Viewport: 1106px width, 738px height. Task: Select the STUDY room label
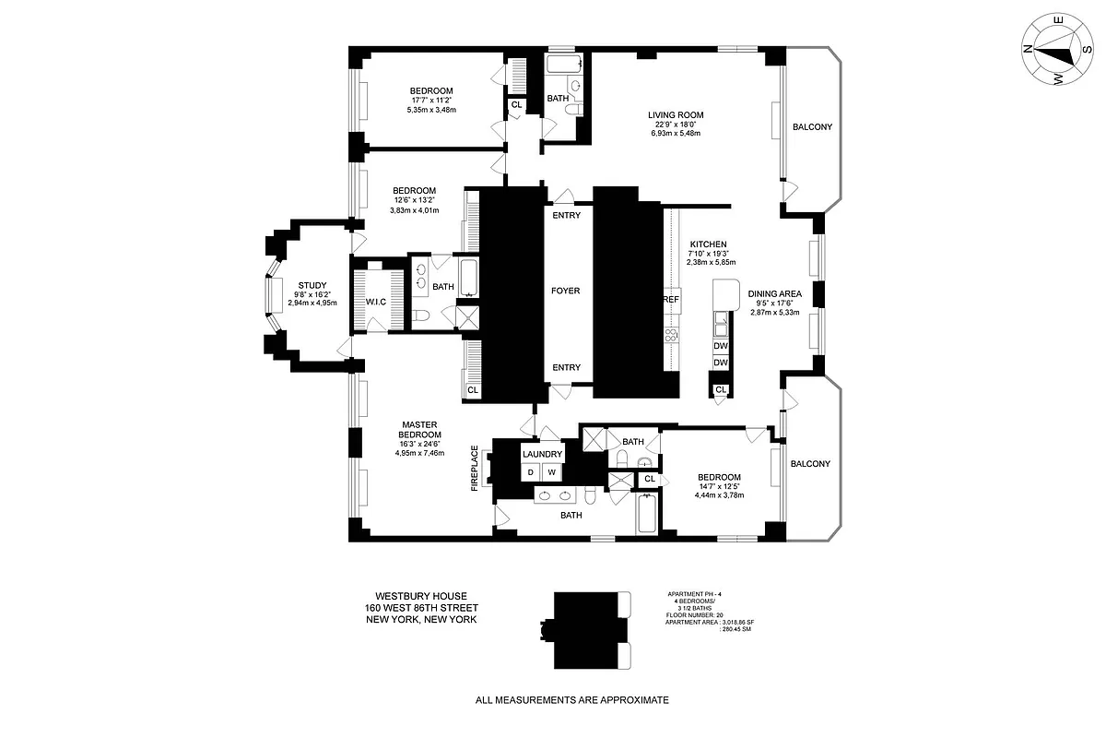tap(312, 285)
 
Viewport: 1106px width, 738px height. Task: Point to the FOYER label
tap(566, 291)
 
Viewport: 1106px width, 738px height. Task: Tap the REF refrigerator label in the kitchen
tap(671, 301)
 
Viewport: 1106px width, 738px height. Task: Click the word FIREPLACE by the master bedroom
tap(475, 468)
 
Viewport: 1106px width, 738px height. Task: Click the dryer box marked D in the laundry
tap(530, 472)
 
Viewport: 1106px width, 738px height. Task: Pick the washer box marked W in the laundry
tap(552, 472)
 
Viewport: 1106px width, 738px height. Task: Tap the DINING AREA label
tap(774, 293)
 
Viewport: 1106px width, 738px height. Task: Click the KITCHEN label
tap(708, 244)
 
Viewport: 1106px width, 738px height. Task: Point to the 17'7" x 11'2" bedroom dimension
tap(431, 100)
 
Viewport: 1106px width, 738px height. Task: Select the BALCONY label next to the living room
tap(812, 127)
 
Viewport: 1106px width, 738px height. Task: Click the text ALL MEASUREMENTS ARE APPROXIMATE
tap(571, 700)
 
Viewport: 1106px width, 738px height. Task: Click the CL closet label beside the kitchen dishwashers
tap(721, 389)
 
